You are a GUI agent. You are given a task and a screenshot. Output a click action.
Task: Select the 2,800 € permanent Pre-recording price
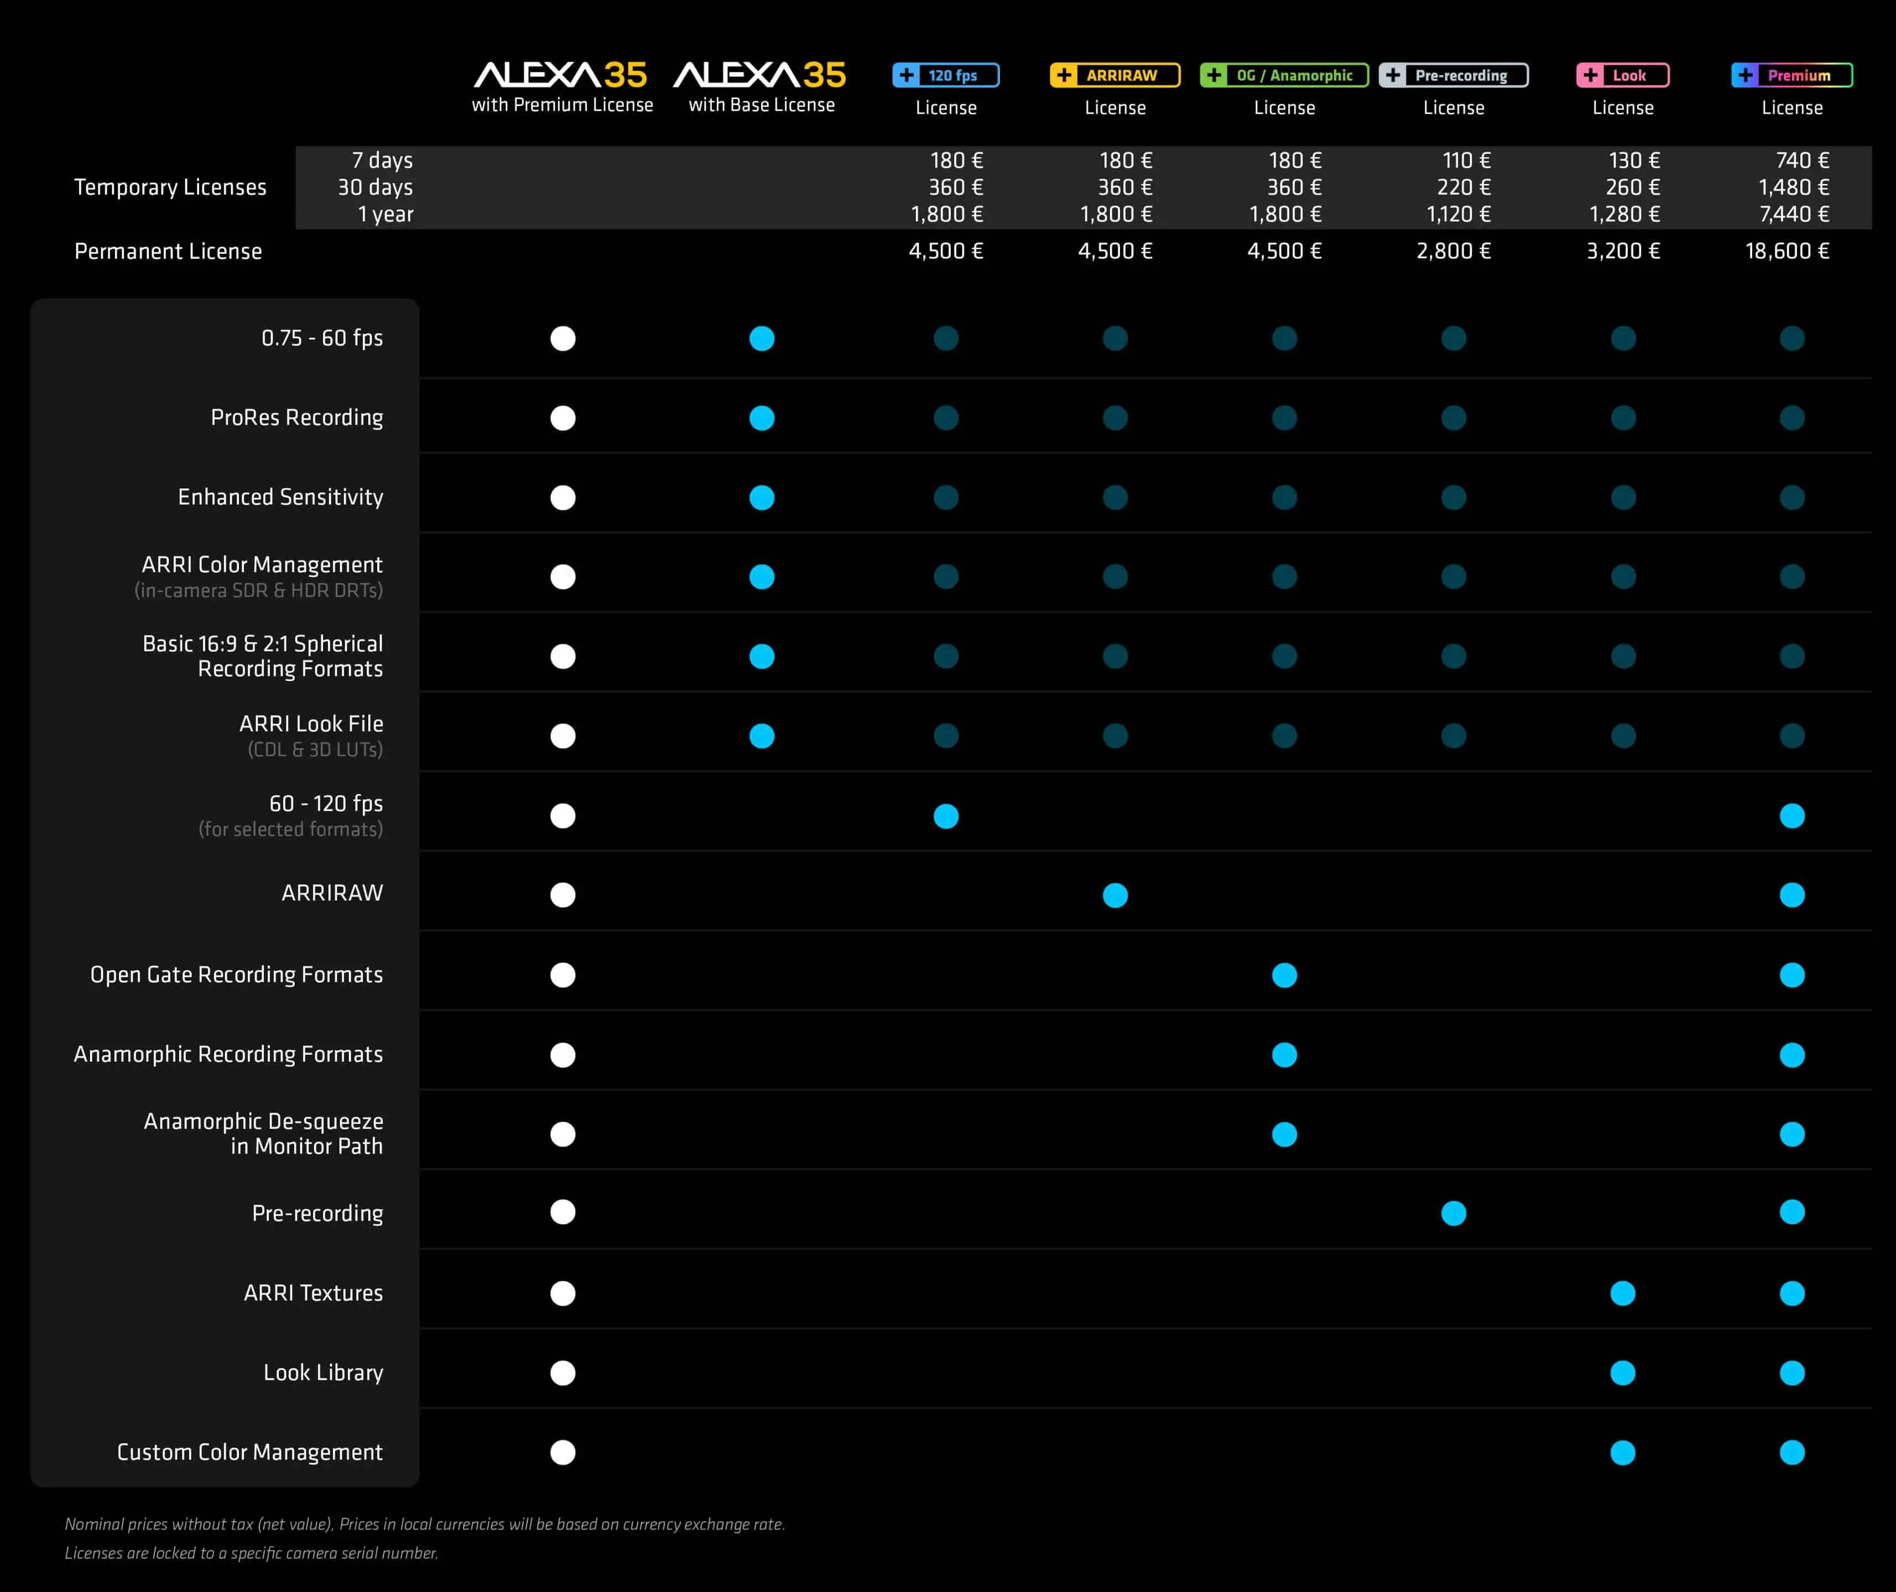(1453, 251)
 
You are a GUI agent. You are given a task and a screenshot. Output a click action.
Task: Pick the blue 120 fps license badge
(945, 75)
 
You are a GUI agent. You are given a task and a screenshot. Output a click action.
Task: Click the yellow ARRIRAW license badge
(1115, 75)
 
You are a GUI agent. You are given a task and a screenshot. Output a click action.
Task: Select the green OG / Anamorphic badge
(1284, 75)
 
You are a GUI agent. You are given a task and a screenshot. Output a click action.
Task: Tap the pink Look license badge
(1622, 75)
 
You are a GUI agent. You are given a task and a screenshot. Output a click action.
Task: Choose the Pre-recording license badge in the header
(1453, 75)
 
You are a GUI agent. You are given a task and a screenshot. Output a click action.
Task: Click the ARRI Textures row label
(313, 1293)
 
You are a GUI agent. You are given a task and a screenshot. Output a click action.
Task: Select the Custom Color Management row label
(249, 1452)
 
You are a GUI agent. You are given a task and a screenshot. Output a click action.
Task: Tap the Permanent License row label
(168, 251)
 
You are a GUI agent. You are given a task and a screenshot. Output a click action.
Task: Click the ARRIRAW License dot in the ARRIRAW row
(1115, 895)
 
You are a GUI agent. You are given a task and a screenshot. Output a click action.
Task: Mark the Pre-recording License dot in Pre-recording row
(1454, 1213)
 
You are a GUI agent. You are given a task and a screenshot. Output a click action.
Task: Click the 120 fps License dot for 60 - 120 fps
(945, 816)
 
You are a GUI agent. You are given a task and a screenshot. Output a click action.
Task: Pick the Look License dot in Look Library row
(1622, 1373)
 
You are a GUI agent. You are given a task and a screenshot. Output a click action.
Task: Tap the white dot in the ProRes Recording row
(562, 418)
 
